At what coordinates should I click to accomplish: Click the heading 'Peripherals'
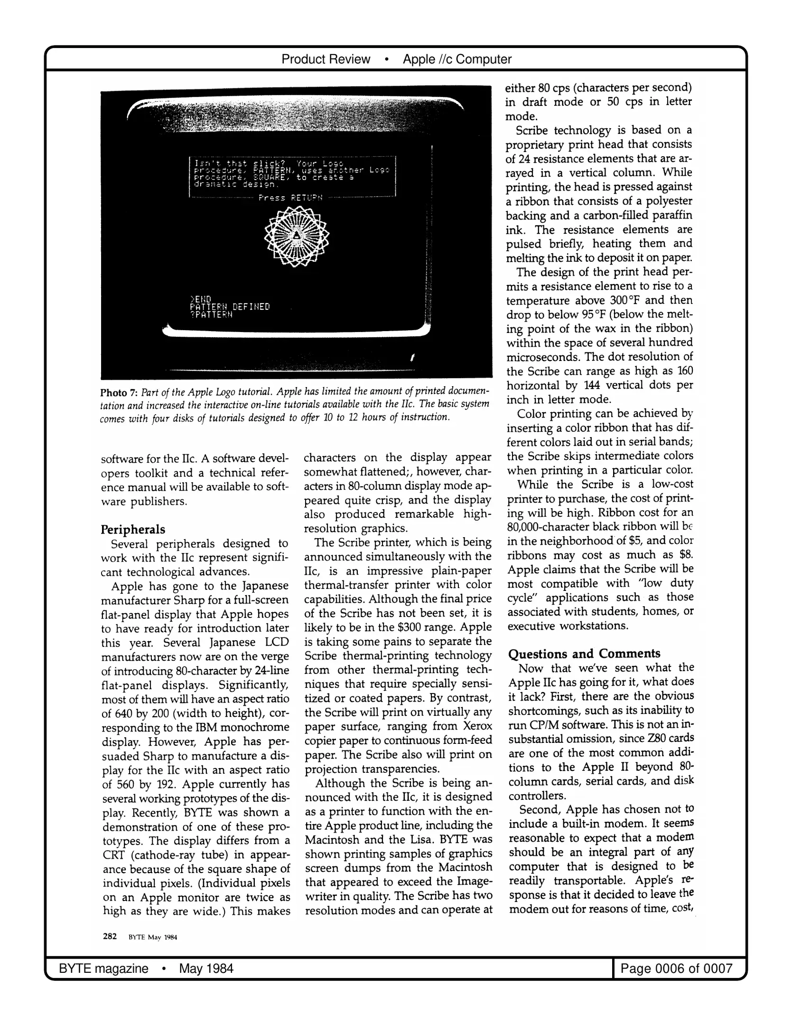133,529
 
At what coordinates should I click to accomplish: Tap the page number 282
110,936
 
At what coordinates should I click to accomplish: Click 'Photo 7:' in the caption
114,392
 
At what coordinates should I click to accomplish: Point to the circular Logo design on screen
296,236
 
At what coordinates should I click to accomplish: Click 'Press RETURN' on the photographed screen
290,197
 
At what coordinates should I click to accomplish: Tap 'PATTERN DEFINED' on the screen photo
230,306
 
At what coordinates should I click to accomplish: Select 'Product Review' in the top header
326,59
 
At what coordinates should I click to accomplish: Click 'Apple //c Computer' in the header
457,59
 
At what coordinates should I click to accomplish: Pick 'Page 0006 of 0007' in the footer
676,968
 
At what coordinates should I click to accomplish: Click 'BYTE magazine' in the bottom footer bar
103,968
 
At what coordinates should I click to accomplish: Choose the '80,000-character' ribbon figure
550,527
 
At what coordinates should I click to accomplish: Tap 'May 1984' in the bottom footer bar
206,968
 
